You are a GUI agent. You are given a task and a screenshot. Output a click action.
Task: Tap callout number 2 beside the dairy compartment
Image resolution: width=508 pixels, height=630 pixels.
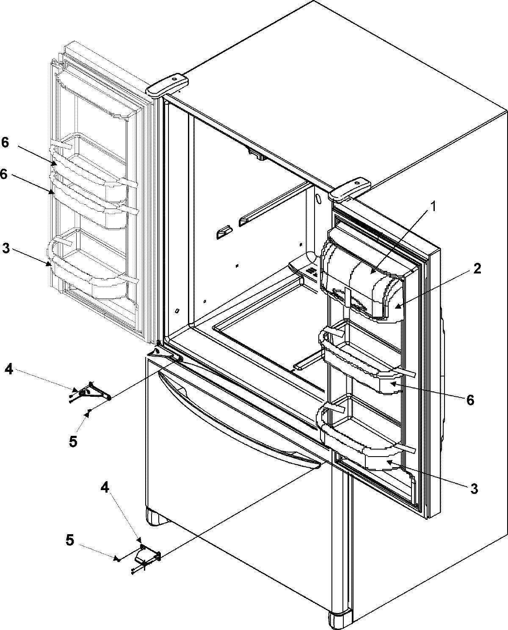[477, 269]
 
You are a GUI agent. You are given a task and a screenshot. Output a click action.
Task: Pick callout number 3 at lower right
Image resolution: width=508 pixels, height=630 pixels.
[474, 489]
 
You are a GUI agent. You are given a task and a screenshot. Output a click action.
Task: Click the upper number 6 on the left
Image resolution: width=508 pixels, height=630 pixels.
[5, 142]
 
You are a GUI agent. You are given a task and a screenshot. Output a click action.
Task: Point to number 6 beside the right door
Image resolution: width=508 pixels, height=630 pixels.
[470, 399]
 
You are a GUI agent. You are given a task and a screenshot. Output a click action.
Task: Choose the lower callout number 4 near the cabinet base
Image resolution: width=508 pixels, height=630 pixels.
[104, 487]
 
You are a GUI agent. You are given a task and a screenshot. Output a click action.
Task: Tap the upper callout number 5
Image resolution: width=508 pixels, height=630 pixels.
[73, 441]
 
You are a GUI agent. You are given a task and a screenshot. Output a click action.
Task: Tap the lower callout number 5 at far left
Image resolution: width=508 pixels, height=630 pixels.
[71, 540]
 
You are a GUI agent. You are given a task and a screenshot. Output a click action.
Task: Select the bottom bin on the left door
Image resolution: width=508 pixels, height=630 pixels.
[91, 265]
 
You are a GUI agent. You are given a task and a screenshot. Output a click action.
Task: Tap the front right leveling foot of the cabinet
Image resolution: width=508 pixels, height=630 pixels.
[340, 619]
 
